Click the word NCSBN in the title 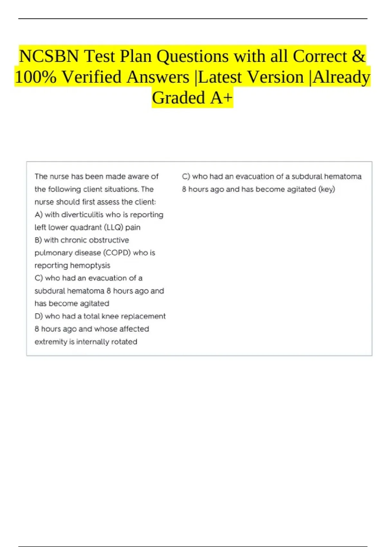49,56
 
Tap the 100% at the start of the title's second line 35,77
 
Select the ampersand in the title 359,56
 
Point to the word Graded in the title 179,98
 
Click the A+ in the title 221,98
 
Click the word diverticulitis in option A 82,215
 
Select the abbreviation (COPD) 117,253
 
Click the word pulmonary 50,253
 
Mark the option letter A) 39,215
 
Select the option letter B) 38,240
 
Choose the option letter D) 39,316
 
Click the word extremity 51,342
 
